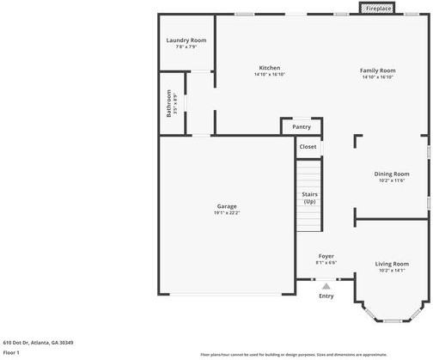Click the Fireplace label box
coord(379,9)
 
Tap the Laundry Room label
coord(186,40)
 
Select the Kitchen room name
coord(270,68)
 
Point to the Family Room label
coord(377,70)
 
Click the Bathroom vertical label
coord(169,104)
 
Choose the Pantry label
coord(302,126)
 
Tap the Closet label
coord(308,147)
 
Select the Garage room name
coord(227,206)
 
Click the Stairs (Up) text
coord(310,198)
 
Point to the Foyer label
coord(326,256)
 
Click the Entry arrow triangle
coord(326,287)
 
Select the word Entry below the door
coord(326,296)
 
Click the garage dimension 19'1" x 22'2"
coord(227,213)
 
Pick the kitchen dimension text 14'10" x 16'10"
coord(270,75)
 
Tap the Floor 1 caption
coord(11,352)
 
